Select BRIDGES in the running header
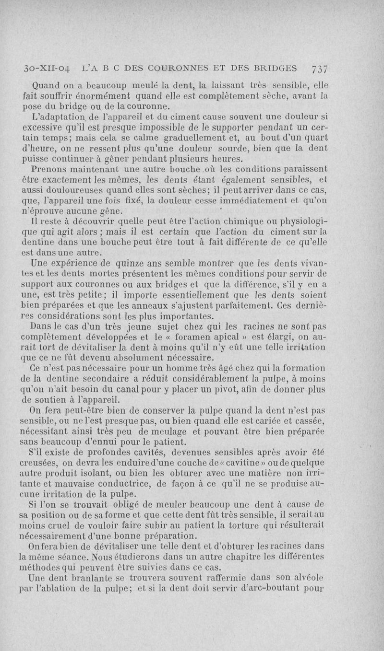[x=273, y=68]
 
